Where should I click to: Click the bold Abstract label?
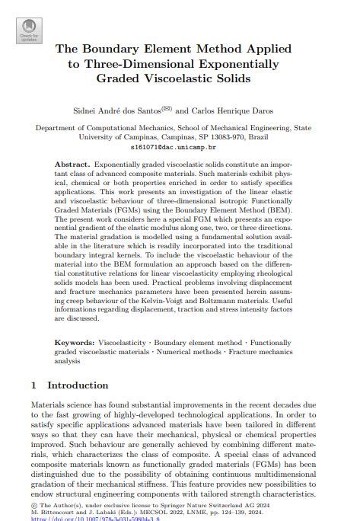tap(72, 165)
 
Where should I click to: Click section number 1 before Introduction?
tap(34, 385)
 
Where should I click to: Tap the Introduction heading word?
tap(78, 385)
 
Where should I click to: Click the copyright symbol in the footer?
tap(33, 503)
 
